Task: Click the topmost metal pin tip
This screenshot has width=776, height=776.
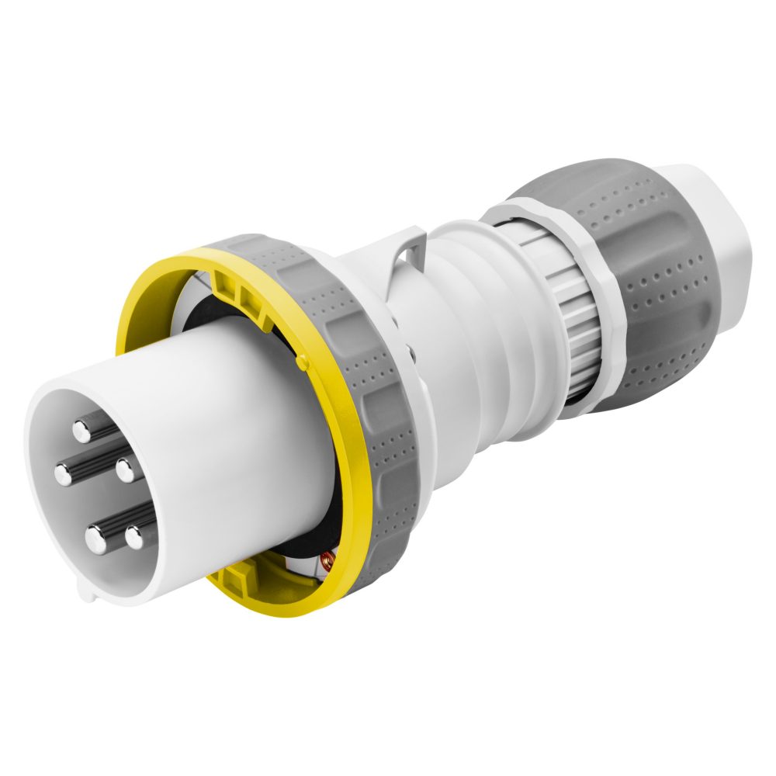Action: [x=82, y=428]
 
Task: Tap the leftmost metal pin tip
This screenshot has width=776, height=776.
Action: [x=63, y=473]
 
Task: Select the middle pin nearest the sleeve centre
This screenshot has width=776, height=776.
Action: [x=123, y=469]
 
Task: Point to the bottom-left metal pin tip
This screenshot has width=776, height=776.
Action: [x=95, y=538]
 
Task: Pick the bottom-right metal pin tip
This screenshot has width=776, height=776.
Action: [x=134, y=535]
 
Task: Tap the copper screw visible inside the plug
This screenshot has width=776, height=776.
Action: [x=326, y=560]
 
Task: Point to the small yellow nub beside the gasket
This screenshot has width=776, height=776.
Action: [x=301, y=362]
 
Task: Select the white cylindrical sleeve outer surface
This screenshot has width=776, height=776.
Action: [x=233, y=435]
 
